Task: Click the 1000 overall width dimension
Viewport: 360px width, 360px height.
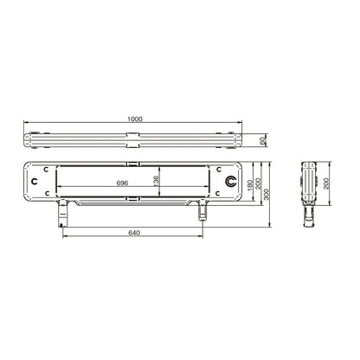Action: click(x=135, y=119)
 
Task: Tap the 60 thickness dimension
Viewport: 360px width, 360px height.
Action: click(x=262, y=141)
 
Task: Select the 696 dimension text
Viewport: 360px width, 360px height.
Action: click(x=122, y=183)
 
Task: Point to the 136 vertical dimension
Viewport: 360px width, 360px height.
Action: click(x=156, y=180)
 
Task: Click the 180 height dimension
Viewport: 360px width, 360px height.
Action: click(x=250, y=185)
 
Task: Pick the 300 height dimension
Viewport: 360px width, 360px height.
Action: click(x=266, y=195)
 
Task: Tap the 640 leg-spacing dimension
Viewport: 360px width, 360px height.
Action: click(x=134, y=233)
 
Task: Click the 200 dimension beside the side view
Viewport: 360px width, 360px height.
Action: click(x=326, y=183)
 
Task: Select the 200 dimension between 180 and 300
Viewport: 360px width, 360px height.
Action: click(x=258, y=183)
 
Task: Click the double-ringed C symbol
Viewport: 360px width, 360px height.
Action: click(x=231, y=181)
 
